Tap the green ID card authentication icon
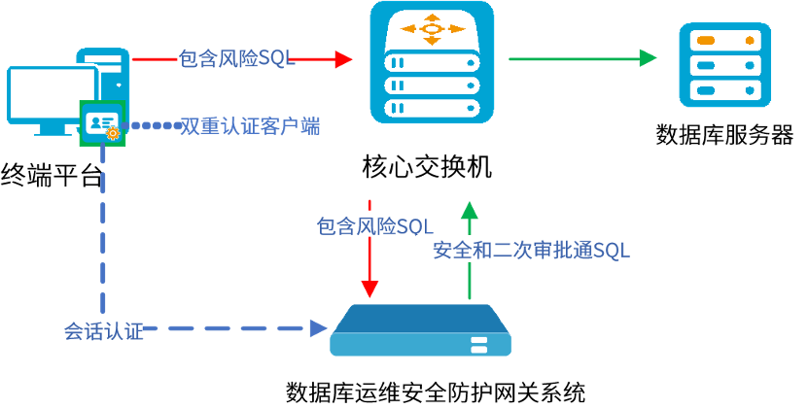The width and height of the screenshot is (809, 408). [x=101, y=122]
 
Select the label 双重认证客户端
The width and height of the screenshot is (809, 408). [x=250, y=125]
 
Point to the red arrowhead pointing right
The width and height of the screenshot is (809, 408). [x=343, y=59]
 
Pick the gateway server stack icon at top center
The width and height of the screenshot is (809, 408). [x=433, y=62]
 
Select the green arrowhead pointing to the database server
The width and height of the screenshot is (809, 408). [x=648, y=58]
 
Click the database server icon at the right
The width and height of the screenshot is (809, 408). [x=724, y=65]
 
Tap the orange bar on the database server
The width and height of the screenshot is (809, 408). [x=707, y=41]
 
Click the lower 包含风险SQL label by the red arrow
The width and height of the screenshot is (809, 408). [x=374, y=226]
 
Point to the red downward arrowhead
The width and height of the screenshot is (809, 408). [x=369, y=289]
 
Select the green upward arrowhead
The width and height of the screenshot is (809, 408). [x=470, y=210]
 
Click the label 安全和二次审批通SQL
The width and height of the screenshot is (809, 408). [x=532, y=250]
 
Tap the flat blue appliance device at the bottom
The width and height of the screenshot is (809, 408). [x=420, y=331]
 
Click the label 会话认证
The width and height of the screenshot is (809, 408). [x=102, y=329]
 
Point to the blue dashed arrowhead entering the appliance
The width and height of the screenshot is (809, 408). [x=318, y=328]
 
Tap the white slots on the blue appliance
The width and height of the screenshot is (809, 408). [x=478, y=344]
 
